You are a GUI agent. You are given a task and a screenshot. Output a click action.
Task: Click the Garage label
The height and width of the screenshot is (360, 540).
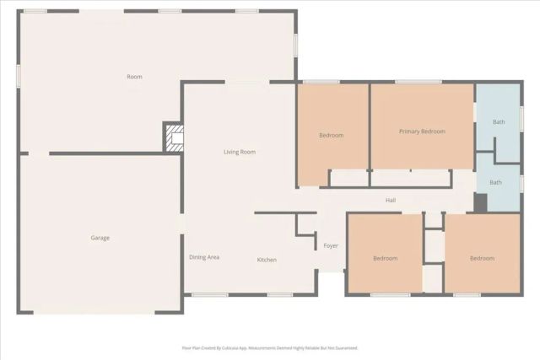[x=100, y=238]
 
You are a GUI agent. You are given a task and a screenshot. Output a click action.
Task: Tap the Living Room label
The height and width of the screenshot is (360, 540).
[x=239, y=152]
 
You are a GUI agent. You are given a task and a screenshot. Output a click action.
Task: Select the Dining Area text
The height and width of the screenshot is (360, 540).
[x=204, y=257]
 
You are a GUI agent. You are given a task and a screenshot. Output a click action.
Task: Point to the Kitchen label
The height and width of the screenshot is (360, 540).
[x=267, y=260]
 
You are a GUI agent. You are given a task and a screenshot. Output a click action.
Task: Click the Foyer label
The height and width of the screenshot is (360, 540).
[x=331, y=245]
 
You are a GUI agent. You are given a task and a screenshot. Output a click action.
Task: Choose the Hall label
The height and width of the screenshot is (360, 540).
[x=391, y=200]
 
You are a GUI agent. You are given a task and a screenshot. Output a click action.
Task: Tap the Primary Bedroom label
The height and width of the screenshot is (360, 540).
[x=422, y=132]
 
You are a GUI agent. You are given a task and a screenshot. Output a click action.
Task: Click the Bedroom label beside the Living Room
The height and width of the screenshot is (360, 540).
[x=331, y=135]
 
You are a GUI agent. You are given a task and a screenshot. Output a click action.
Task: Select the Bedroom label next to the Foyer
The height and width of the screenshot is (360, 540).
[x=385, y=258]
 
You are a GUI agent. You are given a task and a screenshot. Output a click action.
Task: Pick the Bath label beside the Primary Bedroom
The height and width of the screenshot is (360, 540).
[x=499, y=122]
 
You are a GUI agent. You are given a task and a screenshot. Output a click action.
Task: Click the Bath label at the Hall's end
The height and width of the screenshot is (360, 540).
[x=496, y=182]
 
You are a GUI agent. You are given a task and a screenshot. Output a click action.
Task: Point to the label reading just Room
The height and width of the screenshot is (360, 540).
[x=134, y=77]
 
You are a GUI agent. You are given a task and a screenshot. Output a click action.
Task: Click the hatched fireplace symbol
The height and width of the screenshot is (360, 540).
[x=174, y=138]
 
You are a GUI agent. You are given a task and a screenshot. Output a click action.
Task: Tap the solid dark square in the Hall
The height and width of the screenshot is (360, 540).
[x=480, y=203]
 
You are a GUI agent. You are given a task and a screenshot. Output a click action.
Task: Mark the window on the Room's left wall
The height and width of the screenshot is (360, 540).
[x=19, y=74]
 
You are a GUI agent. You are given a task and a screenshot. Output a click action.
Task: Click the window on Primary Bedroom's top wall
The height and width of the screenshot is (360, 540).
[x=418, y=82]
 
